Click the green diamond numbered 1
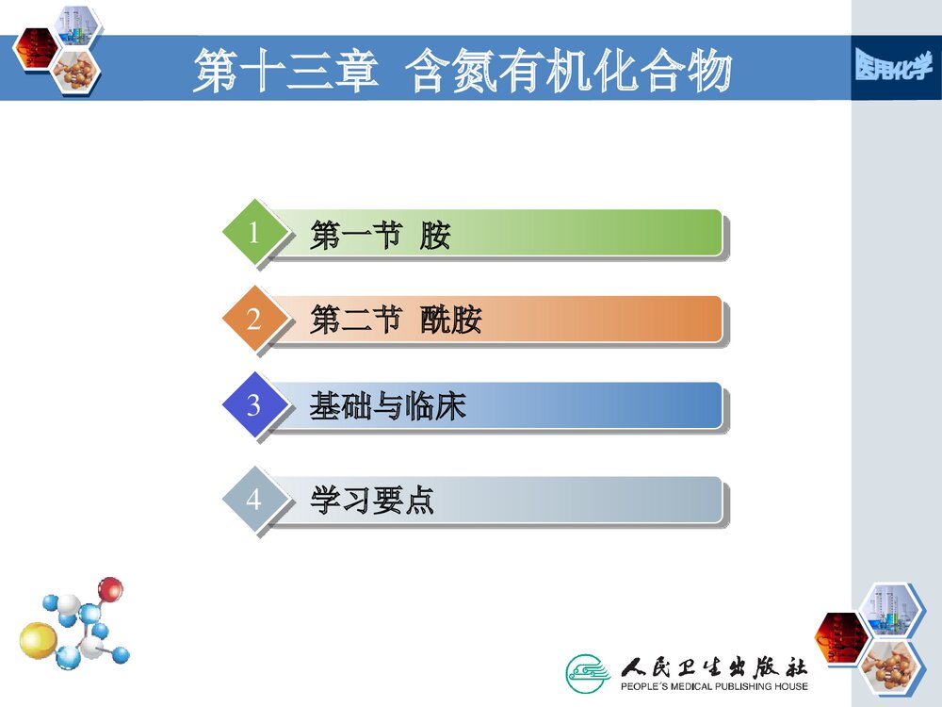pyautogui.click(x=253, y=232)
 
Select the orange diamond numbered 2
pyautogui.click(x=253, y=319)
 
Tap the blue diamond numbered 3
pyautogui.click(x=253, y=405)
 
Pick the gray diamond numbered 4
pyautogui.click(x=253, y=499)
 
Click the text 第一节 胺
pyautogui.click(x=380, y=235)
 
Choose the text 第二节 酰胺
pyautogui.click(x=396, y=321)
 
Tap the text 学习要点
pyautogui.click(x=372, y=501)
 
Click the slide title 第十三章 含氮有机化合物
pyautogui.click(x=462, y=72)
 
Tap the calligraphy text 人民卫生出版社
pyautogui.click(x=713, y=666)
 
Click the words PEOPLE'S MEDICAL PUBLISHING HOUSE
pyautogui.click(x=713, y=687)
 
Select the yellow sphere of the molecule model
pyautogui.click(x=38, y=640)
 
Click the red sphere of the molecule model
pyautogui.click(x=111, y=590)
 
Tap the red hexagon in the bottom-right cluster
pyautogui.click(x=838, y=633)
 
